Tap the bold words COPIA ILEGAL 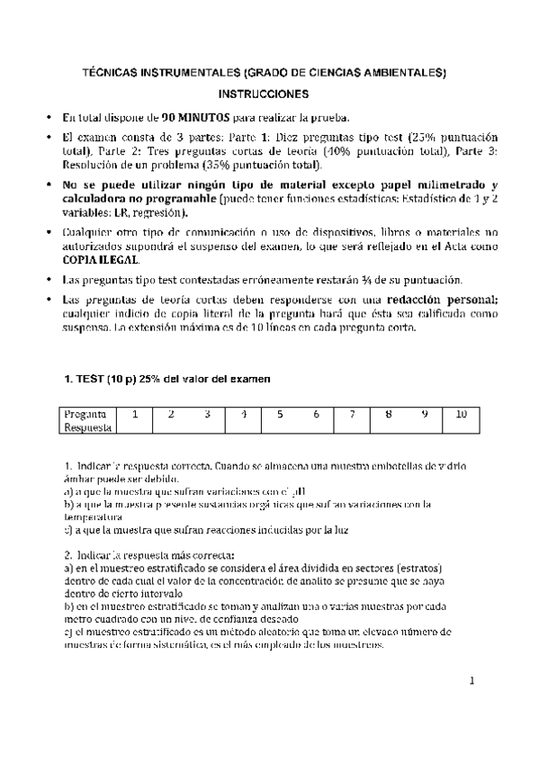click(97, 258)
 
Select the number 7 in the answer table click(352, 414)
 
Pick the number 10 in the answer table click(461, 414)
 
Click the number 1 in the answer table click(134, 414)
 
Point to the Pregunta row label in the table click(85, 414)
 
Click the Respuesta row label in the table click(87, 428)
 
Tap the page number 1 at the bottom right click(471, 680)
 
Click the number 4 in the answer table click(243, 414)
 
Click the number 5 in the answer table click(280, 414)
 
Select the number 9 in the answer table click(425, 414)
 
